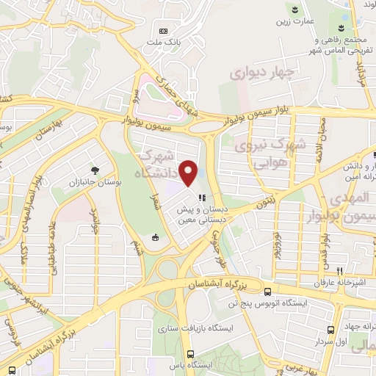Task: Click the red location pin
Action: (x=189, y=173)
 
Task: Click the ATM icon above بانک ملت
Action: (x=163, y=31)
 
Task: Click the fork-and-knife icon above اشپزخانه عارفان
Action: (x=339, y=270)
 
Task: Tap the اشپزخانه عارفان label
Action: (x=339, y=282)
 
